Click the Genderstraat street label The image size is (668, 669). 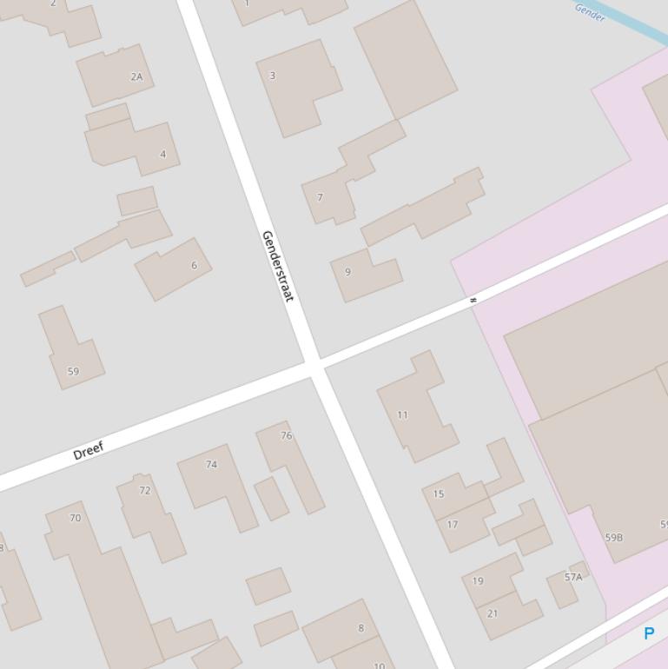277,266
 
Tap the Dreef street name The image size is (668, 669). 89,450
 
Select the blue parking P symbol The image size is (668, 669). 648,633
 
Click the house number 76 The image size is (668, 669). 287,435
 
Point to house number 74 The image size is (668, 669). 211,464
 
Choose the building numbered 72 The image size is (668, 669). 145,490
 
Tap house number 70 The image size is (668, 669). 75,518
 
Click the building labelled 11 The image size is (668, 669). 402,414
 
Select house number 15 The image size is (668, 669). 439,493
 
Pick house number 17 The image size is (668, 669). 452,524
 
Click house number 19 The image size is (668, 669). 478,580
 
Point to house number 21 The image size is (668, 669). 493,613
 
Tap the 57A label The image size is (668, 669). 573,577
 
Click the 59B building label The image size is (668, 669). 613,537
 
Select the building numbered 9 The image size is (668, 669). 347,272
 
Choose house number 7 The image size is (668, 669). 320,197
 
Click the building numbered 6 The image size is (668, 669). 194,265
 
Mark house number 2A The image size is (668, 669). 136,76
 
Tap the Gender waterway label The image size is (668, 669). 590,12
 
